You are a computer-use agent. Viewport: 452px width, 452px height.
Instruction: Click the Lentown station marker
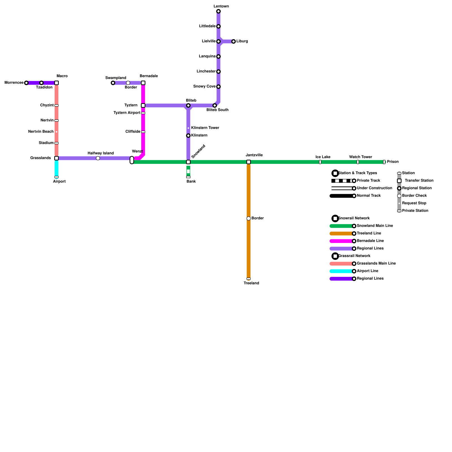pos(218,11)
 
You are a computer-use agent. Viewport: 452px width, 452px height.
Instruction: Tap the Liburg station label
pos(242,41)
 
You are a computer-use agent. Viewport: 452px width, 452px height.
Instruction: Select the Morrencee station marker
pos(26,83)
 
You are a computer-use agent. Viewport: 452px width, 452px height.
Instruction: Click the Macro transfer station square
pos(56,83)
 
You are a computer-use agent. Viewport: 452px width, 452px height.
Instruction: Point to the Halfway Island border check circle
pos(98,158)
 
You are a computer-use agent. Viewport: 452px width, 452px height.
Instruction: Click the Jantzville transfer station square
pos(249,162)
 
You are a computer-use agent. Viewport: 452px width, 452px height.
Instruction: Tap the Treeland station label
pos(251,283)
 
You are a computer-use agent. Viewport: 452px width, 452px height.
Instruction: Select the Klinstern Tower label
pos(205,128)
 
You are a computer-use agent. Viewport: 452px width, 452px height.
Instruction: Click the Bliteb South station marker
pos(215,105)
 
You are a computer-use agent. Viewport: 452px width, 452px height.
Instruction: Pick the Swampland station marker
pos(113,83)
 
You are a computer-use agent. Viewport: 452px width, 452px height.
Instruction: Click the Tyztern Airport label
pos(127,113)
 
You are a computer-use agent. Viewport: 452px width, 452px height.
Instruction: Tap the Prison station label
pos(393,162)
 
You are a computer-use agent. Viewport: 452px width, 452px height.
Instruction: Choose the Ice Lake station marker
pos(320,162)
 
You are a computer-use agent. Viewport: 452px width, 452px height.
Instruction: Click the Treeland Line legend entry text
pos(369,233)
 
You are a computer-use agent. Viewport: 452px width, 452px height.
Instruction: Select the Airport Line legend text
pos(368,271)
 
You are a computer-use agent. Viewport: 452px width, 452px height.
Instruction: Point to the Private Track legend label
pos(368,181)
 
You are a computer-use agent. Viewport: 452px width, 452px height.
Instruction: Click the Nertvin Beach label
pos(41,131)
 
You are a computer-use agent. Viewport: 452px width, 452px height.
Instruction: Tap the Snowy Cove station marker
pos(218,87)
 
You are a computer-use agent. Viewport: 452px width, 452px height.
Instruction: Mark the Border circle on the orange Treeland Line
pos(249,218)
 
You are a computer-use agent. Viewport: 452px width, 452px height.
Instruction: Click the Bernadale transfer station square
pos(143,83)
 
